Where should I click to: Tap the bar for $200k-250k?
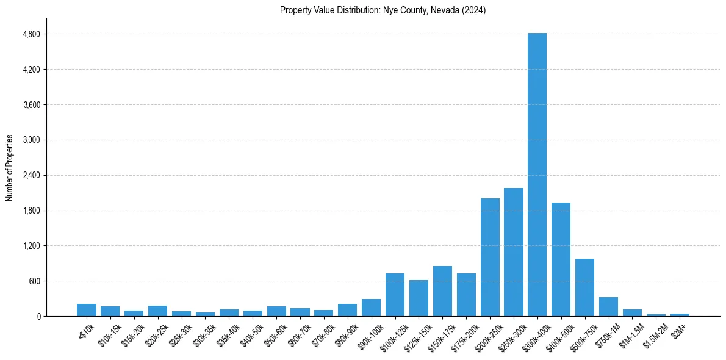[490, 257]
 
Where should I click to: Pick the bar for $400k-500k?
[561, 259]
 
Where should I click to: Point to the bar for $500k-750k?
[584, 287]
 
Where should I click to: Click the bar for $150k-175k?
[442, 291]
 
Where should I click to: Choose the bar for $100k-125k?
[395, 295]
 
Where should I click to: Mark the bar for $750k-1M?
[608, 306]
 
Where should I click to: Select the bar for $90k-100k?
[371, 308]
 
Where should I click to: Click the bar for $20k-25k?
[157, 311]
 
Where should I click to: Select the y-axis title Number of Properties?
[10, 167]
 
